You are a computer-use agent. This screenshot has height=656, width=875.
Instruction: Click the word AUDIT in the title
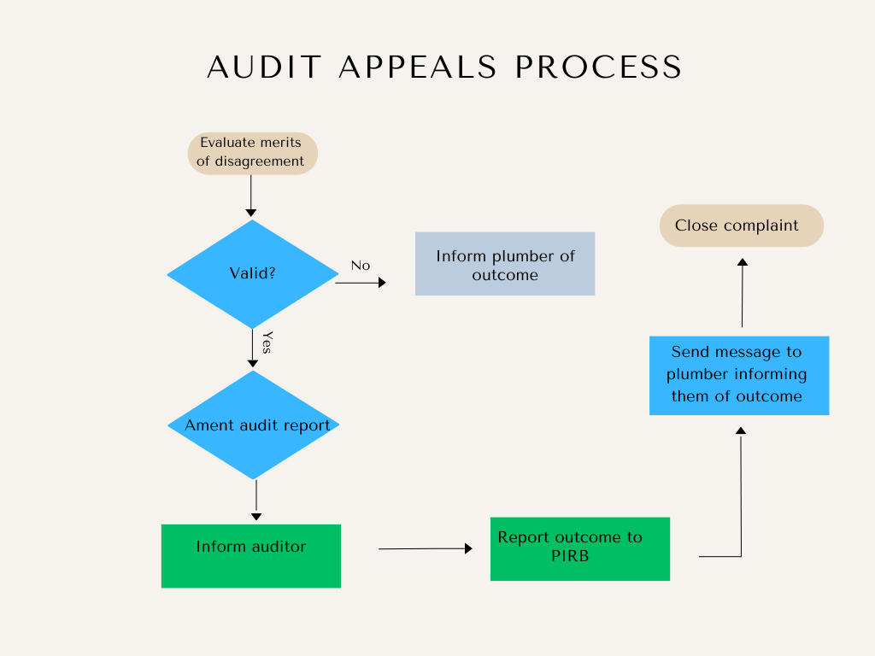click(264, 67)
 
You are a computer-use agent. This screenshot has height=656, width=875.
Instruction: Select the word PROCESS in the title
click(598, 67)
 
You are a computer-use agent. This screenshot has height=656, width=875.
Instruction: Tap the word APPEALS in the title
click(417, 67)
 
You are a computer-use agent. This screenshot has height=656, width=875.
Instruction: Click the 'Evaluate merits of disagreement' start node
click(253, 154)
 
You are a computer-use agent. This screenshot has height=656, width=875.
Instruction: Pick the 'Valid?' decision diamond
click(253, 274)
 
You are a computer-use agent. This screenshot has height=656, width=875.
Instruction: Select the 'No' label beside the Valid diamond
click(361, 266)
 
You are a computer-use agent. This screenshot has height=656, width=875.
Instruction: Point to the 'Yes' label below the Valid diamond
click(267, 343)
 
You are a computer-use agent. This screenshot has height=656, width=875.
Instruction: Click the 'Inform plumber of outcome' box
click(505, 264)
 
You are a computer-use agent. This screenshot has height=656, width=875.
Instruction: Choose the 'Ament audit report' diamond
click(253, 425)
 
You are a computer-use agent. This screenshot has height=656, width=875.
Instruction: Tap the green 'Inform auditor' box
click(251, 556)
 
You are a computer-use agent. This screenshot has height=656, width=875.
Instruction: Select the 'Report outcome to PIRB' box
click(580, 549)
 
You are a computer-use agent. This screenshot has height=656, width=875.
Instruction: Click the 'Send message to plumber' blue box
click(739, 376)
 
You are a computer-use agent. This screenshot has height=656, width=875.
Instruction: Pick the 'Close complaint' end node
click(742, 225)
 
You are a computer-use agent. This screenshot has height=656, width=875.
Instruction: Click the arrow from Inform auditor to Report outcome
click(426, 549)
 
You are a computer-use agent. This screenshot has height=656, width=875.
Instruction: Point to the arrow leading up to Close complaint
click(743, 293)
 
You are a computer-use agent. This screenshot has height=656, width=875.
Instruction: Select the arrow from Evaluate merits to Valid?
click(251, 196)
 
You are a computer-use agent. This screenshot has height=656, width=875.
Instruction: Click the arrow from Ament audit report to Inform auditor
click(256, 501)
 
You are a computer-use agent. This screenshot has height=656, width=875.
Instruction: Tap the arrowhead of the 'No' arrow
click(382, 283)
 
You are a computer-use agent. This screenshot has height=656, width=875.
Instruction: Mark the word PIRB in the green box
click(570, 556)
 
